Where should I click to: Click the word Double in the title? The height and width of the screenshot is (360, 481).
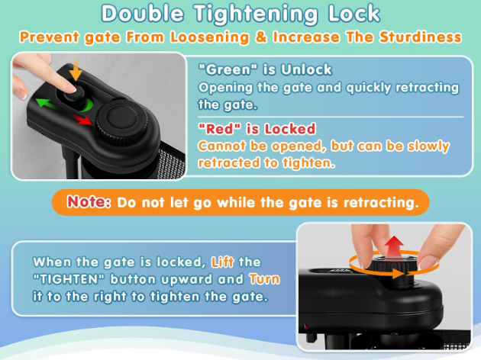(142, 13)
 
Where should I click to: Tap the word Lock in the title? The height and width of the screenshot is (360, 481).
(354, 13)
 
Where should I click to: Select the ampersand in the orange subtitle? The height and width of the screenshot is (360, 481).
(261, 37)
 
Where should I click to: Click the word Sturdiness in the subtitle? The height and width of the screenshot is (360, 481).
(420, 37)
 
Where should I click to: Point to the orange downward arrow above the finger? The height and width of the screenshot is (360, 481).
(76, 70)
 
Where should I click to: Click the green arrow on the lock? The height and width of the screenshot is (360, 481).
(47, 104)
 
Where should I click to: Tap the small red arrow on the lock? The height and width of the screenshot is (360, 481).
(82, 120)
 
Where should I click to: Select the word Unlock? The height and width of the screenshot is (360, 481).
(306, 69)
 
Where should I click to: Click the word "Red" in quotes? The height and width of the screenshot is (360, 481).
(220, 129)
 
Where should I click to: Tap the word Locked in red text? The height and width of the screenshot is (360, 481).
(290, 129)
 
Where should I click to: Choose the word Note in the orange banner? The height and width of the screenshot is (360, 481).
(89, 201)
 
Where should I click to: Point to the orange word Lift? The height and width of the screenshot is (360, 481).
(222, 262)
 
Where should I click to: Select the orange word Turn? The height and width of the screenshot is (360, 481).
(264, 279)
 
